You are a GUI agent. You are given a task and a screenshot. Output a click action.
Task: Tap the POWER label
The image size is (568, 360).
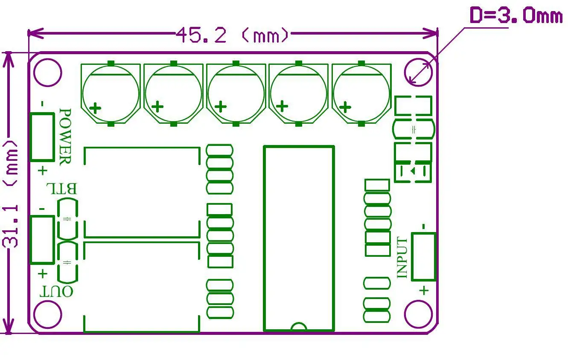tap(65, 136)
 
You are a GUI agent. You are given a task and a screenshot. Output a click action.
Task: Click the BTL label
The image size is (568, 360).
tap(61, 189)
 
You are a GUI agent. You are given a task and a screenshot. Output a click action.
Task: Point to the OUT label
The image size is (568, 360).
tap(56, 292)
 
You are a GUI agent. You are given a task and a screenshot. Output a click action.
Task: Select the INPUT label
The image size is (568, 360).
tap(403, 258)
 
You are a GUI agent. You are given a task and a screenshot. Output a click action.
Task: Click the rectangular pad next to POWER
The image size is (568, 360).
tap(42, 137)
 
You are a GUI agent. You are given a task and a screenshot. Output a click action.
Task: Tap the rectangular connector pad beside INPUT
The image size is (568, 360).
tap(423, 256)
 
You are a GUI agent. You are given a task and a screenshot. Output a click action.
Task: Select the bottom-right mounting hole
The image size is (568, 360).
tap(419, 315)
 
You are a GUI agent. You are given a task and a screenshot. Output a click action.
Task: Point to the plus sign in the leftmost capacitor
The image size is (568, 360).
tap(96, 107)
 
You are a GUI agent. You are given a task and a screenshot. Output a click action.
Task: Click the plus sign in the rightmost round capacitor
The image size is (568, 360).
tap(345, 107)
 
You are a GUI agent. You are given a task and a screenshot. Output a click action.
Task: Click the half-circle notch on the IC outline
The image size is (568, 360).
tap(299, 327)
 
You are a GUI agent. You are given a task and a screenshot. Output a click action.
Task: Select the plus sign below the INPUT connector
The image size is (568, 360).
tap(423, 291)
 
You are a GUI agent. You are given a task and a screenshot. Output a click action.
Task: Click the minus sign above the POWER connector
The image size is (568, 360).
tap(42, 104)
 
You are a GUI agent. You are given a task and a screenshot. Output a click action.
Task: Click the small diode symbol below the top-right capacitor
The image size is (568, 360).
tap(413, 171)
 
